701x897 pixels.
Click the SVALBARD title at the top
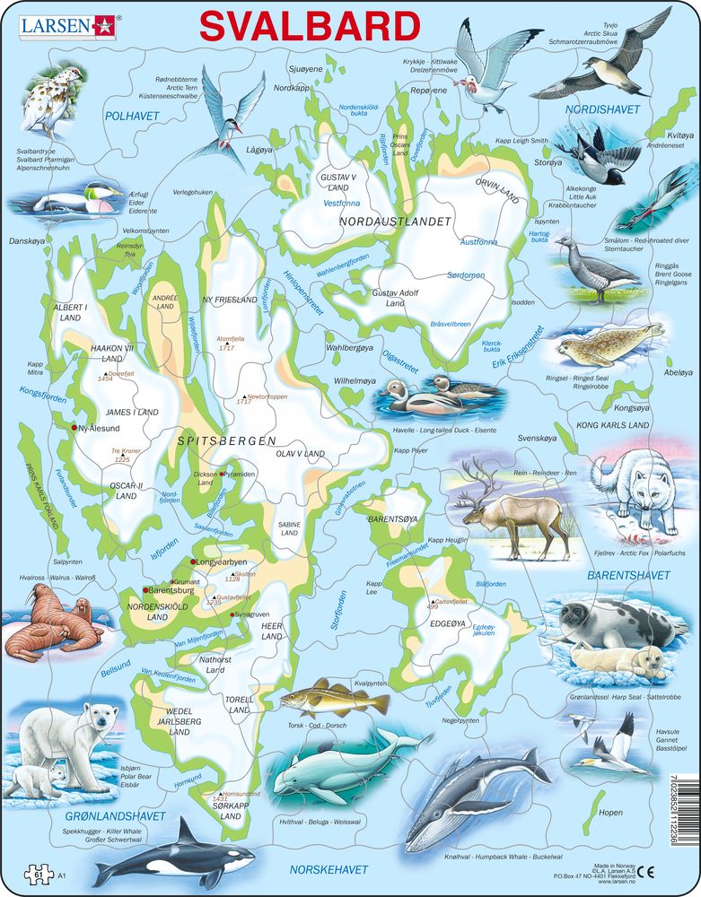310,26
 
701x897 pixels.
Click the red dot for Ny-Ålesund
74,429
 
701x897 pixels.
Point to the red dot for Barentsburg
145,590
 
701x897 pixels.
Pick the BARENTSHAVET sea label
622,575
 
